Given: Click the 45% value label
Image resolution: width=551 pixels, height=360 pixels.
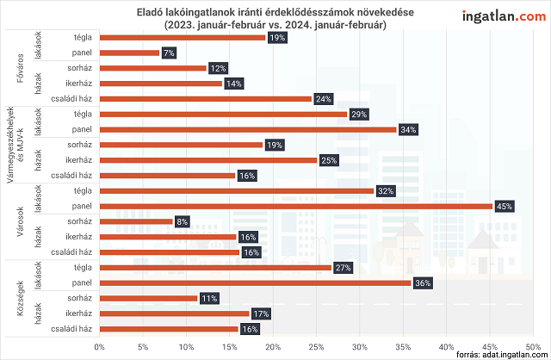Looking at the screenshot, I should pyautogui.click(x=504, y=206).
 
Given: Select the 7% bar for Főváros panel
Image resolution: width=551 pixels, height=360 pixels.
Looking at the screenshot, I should pyautogui.click(x=129, y=53).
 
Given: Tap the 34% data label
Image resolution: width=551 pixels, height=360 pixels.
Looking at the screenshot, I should pyautogui.click(x=408, y=129).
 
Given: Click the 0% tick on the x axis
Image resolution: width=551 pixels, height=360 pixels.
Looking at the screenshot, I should pyautogui.click(x=99, y=346).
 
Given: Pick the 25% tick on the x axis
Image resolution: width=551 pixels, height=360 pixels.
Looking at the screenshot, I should pyautogui.click(x=316, y=346).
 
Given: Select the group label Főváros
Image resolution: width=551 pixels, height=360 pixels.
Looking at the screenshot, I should pyautogui.click(x=19, y=68).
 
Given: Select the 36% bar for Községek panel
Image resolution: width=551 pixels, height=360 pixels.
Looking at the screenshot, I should pyautogui.click(x=255, y=282).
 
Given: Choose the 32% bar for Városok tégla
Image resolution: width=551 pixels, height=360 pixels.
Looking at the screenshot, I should pyautogui.click(x=237, y=190).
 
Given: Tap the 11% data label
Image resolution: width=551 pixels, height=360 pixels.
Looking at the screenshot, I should pyautogui.click(x=208, y=298).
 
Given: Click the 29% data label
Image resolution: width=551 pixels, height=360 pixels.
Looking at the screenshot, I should pyautogui.click(x=359, y=114).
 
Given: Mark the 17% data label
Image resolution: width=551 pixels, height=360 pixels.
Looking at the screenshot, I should pyautogui.click(x=261, y=313).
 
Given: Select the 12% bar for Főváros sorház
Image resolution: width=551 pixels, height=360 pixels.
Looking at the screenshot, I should pyautogui.click(x=152, y=68).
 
